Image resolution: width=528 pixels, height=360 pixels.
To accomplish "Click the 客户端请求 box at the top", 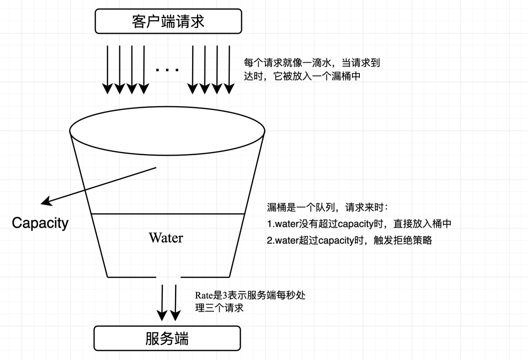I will (x=168, y=22).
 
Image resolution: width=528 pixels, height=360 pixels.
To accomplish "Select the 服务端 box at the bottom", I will (x=167, y=338).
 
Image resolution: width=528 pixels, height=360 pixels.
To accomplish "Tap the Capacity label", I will (x=40, y=223).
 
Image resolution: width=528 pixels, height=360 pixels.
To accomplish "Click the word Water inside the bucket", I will (x=166, y=238).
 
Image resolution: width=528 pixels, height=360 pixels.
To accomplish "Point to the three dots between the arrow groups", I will (x=167, y=70).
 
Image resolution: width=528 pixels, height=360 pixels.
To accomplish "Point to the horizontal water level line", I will (x=168, y=214).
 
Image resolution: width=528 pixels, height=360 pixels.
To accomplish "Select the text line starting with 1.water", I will (x=359, y=224).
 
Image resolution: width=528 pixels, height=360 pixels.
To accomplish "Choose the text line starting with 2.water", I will (x=349, y=240).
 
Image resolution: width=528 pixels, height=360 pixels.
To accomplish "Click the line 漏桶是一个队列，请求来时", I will (x=328, y=207).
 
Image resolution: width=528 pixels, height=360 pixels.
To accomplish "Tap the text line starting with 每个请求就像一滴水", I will (x=311, y=63).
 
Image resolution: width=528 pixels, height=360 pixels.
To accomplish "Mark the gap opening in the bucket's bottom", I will (x=168, y=277).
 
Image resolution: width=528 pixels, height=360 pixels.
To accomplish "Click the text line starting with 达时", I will (x=302, y=76).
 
